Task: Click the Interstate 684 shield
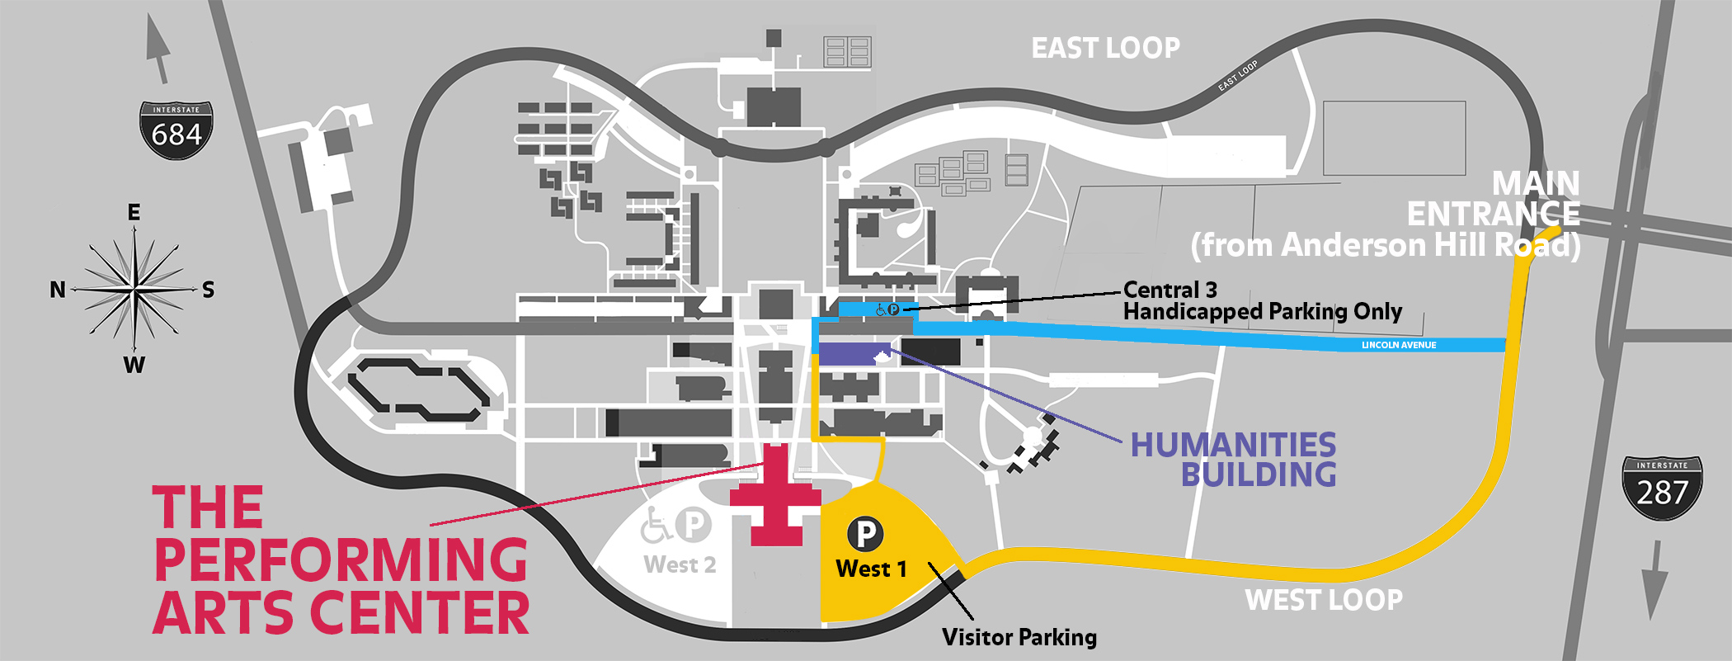pos(176,130)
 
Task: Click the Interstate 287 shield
pos(1662,489)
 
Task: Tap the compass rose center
pos(134,290)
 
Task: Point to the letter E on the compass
pos(134,213)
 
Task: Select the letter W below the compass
pos(134,365)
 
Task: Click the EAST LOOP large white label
pos(1105,49)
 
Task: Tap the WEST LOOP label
pos(1323,600)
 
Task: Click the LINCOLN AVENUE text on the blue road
pos(1399,345)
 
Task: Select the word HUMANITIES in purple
pos(1232,446)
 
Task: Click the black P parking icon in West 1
pos(865,534)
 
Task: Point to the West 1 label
pos(871,569)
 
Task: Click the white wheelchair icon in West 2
pos(656,526)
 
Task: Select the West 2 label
pos(680,565)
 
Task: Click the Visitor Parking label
pos(1019,637)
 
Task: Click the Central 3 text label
pos(1170,290)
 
